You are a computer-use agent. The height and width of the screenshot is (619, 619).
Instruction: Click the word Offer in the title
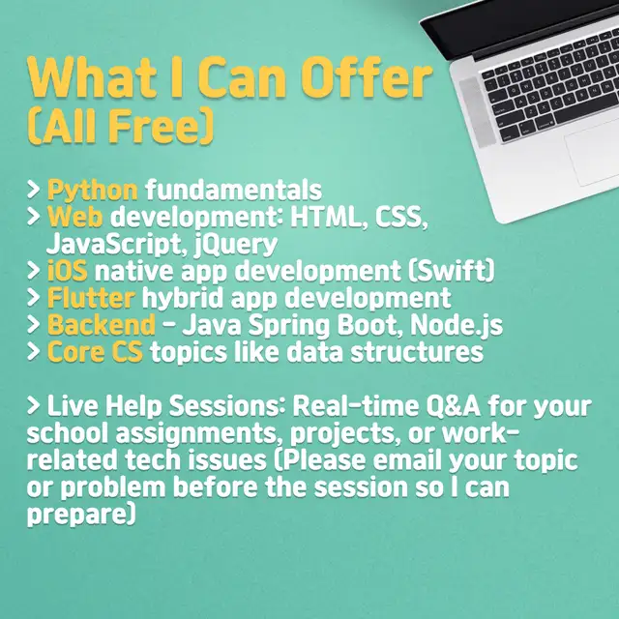click(x=369, y=76)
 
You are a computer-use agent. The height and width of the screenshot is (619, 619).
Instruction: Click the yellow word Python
click(x=93, y=191)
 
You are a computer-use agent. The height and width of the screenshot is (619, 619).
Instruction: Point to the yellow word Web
click(x=75, y=217)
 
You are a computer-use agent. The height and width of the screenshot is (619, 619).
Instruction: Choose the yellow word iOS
click(x=67, y=271)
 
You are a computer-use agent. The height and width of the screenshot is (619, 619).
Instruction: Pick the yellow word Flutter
click(x=91, y=298)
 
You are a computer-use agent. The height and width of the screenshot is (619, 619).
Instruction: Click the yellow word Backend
click(x=102, y=325)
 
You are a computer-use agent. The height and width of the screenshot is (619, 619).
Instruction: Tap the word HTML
click(x=326, y=217)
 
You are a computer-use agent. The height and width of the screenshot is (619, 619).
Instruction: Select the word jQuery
click(x=236, y=245)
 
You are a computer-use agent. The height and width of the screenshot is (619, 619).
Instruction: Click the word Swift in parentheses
click(x=451, y=271)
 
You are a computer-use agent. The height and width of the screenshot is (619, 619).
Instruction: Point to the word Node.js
click(x=457, y=325)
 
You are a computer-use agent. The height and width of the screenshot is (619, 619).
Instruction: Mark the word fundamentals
click(x=234, y=190)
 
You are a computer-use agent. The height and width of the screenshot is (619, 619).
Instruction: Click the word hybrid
click(x=183, y=298)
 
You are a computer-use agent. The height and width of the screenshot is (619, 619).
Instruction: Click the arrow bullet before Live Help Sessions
click(x=34, y=406)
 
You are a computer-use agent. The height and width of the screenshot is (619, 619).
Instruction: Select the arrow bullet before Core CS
click(x=34, y=352)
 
